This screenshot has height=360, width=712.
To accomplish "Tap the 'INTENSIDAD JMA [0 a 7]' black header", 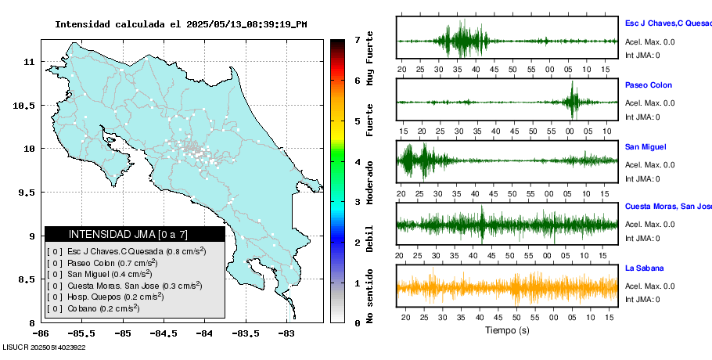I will pyautogui.click(x=134, y=234).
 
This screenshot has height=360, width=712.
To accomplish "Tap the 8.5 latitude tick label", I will pyautogui.click(x=28, y=279).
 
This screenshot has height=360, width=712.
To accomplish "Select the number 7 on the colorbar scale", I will pyautogui.click(x=357, y=39).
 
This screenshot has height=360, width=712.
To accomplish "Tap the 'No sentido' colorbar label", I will pyautogui.click(x=370, y=296).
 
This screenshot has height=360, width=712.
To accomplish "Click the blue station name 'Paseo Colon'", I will pyautogui.click(x=648, y=85).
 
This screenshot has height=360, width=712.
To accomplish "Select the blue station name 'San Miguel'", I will pyautogui.click(x=645, y=146).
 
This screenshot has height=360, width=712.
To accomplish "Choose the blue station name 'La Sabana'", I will pyautogui.click(x=644, y=268).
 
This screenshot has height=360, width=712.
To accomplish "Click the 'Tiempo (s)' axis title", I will pyautogui.click(x=507, y=330).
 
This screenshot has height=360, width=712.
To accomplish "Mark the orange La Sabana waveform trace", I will pyautogui.click(x=507, y=287).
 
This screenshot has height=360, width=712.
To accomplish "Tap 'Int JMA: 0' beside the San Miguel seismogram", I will pyautogui.click(x=642, y=178).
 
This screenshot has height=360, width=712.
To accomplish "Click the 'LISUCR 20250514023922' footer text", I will pyautogui.click(x=44, y=347).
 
